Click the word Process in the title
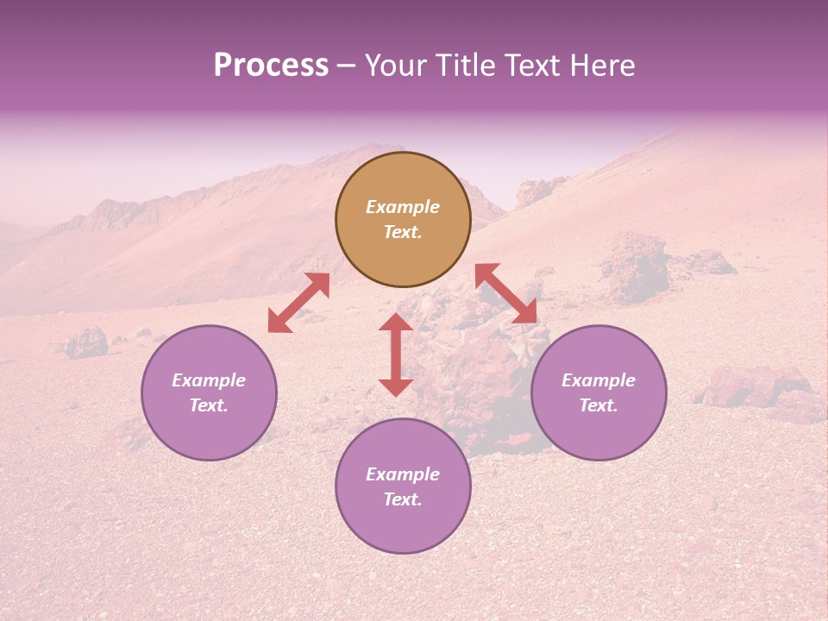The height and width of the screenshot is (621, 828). tap(271, 66)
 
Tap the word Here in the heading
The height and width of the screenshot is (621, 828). tap(601, 66)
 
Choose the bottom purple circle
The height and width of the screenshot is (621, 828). tap(403, 526)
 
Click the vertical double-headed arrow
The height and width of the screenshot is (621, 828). tap(396, 354)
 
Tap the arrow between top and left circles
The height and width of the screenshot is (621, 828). tap(298, 303)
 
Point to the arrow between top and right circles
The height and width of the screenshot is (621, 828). tap(506, 293)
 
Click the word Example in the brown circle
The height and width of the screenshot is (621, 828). tap(403, 207)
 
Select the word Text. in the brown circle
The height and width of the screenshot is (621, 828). tap(403, 232)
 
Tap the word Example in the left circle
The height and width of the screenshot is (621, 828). tap(209, 380)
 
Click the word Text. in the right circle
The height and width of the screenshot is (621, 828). tap(599, 405)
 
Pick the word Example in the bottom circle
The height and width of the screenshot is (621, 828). tap(403, 474)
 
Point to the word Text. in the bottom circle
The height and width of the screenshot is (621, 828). tap(403, 499)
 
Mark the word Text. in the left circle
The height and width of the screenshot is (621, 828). tap(209, 405)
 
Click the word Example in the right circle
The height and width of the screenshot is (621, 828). tap(599, 380)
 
